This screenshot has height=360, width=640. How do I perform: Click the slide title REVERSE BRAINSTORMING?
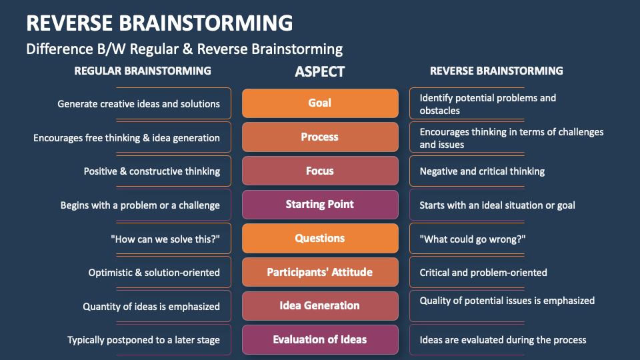[159, 23]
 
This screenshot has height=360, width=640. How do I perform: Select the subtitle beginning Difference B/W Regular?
[185, 49]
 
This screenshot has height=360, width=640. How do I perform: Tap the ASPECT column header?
[320, 71]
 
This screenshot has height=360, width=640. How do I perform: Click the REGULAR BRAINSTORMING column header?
[143, 71]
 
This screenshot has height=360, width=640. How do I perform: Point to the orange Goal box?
[320, 103]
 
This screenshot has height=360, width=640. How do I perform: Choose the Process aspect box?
[320, 137]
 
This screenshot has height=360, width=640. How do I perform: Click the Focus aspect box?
[320, 171]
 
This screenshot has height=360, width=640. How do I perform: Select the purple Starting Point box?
[320, 205]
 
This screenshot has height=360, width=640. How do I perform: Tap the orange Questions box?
[320, 238]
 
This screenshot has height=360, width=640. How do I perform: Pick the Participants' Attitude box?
[320, 272]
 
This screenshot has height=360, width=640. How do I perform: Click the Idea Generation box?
[320, 305]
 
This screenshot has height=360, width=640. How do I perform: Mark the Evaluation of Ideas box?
[320, 339]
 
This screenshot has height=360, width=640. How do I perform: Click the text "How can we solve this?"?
[165, 239]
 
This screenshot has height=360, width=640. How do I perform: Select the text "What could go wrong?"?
[473, 239]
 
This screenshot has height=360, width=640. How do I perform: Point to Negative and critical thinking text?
[482, 171]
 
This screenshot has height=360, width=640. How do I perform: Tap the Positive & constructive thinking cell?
[152, 171]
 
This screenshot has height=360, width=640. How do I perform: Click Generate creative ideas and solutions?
[139, 104]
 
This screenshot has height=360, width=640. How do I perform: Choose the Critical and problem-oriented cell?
[483, 273]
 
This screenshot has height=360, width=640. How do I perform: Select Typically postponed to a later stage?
[143, 340]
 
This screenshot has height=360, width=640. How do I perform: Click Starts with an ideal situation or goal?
[497, 205]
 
